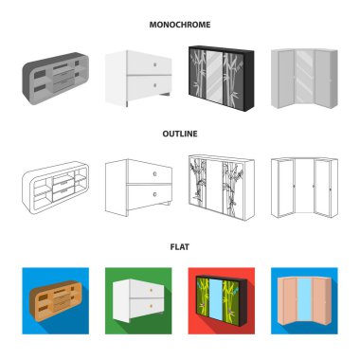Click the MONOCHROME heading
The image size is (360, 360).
click(180, 25)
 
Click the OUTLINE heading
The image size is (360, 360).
click(180, 134)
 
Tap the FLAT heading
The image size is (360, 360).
click(180, 246)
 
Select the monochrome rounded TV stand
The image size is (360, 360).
click(55, 79)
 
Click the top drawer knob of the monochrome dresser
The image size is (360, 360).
click(154, 64)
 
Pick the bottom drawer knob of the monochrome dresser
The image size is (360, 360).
click(154, 85)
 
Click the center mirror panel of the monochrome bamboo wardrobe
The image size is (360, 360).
click(215, 76)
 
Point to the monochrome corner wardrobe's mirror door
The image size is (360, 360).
click(304, 76)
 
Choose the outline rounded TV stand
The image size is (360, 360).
click(55, 188)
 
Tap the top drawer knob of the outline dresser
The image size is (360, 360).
click(154, 173)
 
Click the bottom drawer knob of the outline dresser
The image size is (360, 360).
click(154, 194)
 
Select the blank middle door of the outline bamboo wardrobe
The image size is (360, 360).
click(215, 186)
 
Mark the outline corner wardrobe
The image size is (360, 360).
click(304, 188)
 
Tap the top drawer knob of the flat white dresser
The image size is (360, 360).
click(151, 290)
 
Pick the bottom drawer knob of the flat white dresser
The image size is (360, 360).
click(151, 306)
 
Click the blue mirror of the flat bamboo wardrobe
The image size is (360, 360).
click(216, 299)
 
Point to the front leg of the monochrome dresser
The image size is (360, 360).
click(127, 104)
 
